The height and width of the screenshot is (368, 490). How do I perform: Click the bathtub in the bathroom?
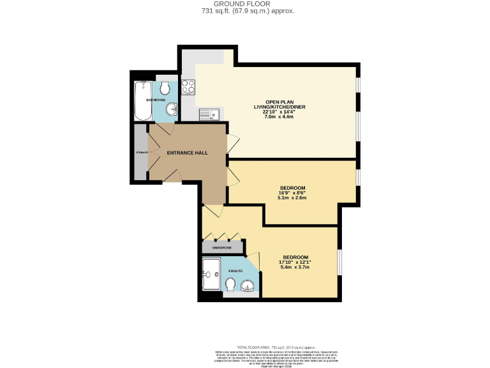pyautogui.click(x=141, y=101)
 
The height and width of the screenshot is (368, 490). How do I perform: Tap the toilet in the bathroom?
pyautogui.click(x=165, y=88)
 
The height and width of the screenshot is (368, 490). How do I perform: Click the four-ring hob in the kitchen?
pyautogui.click(x=188, y=86)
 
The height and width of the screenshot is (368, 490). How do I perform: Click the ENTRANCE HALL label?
pyautogui.click(x=187, y=153)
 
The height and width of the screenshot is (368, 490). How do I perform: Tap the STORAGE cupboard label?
pyautogui.click(x=140, y=153)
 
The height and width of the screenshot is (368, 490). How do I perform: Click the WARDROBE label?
pyautogui.click(x=222, y=247)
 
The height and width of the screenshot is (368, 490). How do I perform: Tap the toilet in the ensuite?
pyautogui.click(x=230, y=284)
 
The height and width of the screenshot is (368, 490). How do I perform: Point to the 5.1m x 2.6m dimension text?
pyautogui.click(x=293, y=197)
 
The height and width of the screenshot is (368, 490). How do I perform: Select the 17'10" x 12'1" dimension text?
pyautogui.click(x=295, y=261)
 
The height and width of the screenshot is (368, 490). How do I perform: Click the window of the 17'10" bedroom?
pyautogui.click(x=339, y=262)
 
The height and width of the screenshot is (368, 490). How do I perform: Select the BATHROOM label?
pyautogui.click(x=156, y=100)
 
